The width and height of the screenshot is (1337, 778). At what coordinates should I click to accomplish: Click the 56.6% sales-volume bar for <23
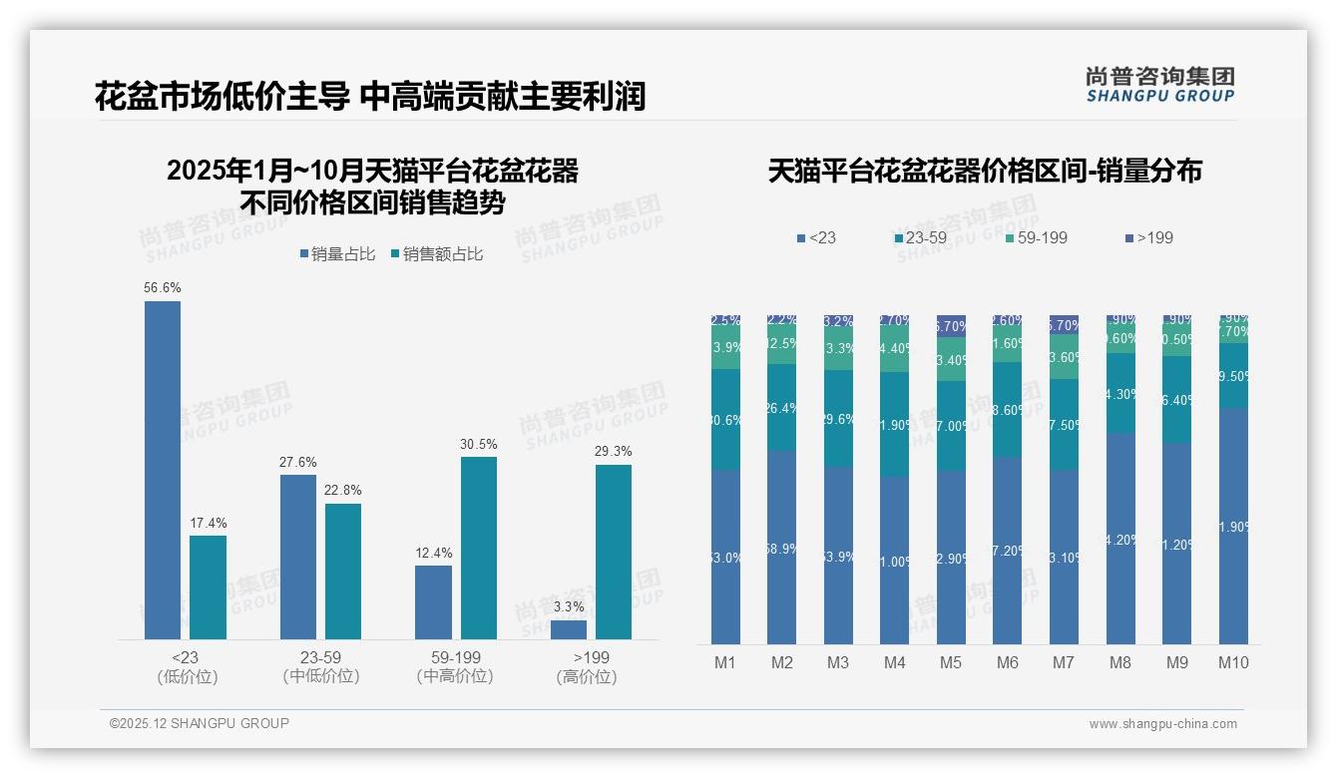pos(163,469)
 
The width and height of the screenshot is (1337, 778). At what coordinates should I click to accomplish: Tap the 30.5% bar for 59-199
pos(479,548)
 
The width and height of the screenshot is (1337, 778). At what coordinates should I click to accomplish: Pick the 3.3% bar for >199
pos(569,629)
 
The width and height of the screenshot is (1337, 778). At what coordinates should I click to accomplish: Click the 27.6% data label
pos(298,462)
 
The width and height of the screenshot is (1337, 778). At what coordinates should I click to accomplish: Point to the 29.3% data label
pos(614,451)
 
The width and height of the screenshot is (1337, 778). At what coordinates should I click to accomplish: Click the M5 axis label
pos(950,662)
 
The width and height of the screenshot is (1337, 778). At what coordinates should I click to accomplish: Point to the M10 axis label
pos(1233,662)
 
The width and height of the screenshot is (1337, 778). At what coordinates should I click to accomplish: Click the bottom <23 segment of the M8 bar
pos(1121,539)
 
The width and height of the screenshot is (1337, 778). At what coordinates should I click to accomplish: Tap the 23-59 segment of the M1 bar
pos(725,420)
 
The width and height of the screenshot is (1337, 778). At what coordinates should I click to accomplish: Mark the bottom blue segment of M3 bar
pos(838,556)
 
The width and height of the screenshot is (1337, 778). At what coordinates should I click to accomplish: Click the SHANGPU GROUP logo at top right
pos(1159,84)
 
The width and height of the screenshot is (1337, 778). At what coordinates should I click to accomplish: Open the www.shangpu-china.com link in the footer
pos(1162,724)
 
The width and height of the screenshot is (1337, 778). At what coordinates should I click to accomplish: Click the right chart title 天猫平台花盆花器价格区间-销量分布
pos(985,172)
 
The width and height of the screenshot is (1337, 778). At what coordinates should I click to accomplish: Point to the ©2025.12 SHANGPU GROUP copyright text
pos(200,723)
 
